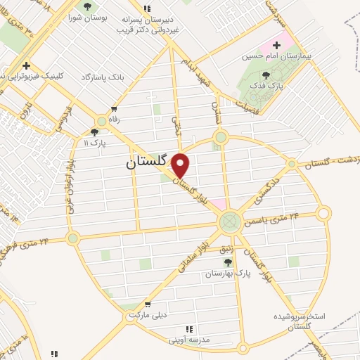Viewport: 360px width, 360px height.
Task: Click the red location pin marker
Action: click(x=181, y=166)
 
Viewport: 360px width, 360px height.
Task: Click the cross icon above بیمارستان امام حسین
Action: click(x=276, y=45)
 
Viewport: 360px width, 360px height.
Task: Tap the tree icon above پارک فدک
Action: click(x=265, y=76)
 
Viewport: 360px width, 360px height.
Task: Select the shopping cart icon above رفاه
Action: click(x=114, y=109)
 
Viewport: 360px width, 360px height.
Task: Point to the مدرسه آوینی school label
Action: click(x=189, y=340)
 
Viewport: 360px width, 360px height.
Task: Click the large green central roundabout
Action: click(x=229, y=223)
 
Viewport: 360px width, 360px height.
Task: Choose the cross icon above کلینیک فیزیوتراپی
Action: click(x=26, y=65)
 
